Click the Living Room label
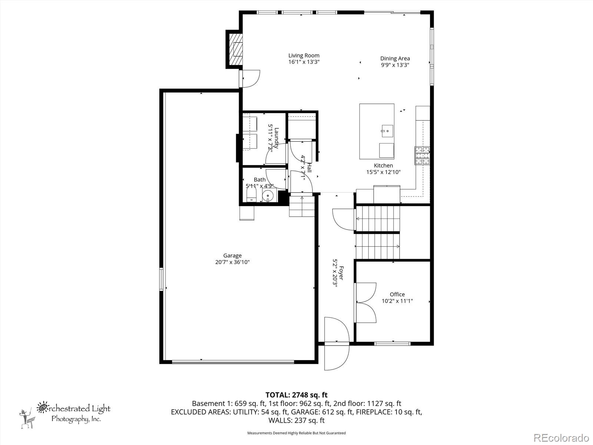point(304,56)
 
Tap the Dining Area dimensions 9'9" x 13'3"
point(395,65)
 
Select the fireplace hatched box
point(235,49)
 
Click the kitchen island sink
point(387,131)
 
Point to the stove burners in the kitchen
point(422,156)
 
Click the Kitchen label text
point(383,166)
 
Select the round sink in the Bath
point(268,195)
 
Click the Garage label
point(232,256)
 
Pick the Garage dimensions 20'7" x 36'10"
point(232,262)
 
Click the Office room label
point(397,294)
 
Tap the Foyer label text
point(341,273)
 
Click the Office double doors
point(365,302)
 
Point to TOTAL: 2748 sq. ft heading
point(296,395)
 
